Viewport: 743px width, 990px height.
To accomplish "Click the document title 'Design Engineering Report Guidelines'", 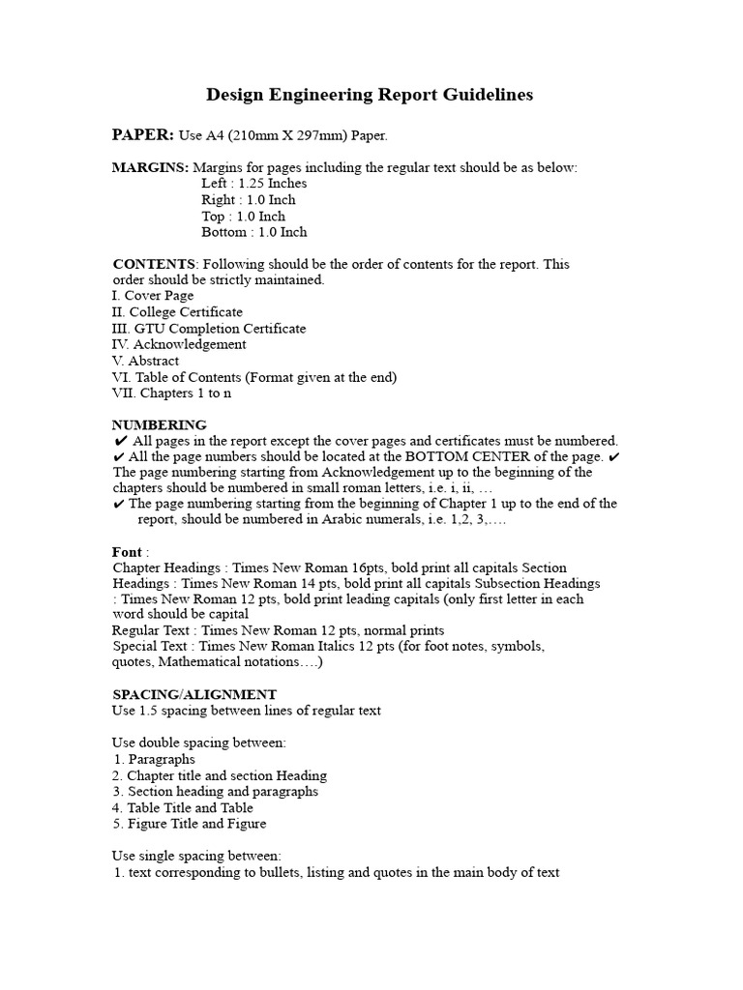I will [x=369, y=95].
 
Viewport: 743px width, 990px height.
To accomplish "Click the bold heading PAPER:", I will [x=143, y=134].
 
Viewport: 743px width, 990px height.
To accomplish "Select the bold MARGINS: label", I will [x=150, y=167].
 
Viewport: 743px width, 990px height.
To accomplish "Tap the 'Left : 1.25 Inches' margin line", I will [x=254, y=184].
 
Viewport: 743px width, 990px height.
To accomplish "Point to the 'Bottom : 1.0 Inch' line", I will [x=254, y=232].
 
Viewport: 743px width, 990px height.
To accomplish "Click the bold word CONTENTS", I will [x=155, y=264].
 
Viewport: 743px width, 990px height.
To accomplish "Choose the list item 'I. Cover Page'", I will [x=153, y=296].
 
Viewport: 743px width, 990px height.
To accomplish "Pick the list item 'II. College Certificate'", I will [x=177, y=312].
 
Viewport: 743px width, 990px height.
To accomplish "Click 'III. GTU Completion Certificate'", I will [x=209, y=329].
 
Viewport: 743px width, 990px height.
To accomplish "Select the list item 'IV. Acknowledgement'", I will [x=179, y=344].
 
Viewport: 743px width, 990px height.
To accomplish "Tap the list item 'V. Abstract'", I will [x=145, y=361].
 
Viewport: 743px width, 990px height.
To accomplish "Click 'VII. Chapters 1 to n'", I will [x=172, y=393].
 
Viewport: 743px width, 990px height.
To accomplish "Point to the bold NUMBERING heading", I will [x=160, y=424].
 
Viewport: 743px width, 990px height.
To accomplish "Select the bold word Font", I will [x=127, y=552].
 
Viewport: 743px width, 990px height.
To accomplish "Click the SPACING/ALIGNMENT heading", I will [x=194, y=694].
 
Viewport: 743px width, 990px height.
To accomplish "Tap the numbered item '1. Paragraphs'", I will [x=154, y=759].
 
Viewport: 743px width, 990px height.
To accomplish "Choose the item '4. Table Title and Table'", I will [x=183, y=807].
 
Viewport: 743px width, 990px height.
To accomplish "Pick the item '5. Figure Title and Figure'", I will [x=190, y=824].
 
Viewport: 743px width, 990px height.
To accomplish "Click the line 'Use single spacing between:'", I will [x=196, y=856].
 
